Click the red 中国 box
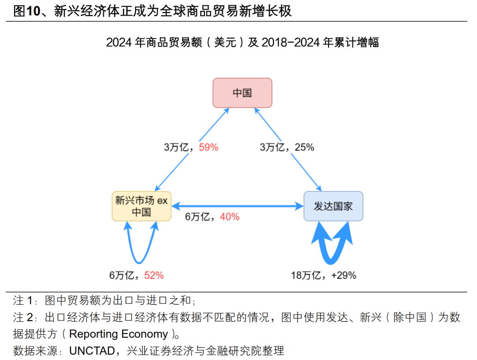point(242,93)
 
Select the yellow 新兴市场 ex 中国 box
point(141,206)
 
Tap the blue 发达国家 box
point(333,206)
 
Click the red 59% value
point(208,148)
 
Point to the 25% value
point(304,148)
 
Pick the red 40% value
point(230,217)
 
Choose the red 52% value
point(154,275)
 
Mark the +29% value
point(343,275)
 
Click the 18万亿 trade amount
point(305,275)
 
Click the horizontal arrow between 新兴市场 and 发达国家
point(237,206)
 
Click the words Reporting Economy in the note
point(118,333)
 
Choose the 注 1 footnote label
point(23,301)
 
